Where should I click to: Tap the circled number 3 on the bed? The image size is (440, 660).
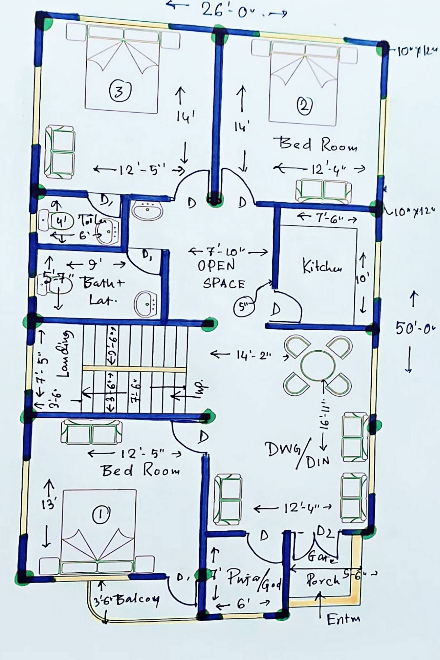click(x=120, y=91)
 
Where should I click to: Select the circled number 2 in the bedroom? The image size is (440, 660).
click(x=304, y=105)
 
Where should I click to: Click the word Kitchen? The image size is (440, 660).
click(x=321, y=267)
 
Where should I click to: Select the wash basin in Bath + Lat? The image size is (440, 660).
click(x=146, y=304)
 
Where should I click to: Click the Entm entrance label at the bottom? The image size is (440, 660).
click(x=343, y=619)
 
